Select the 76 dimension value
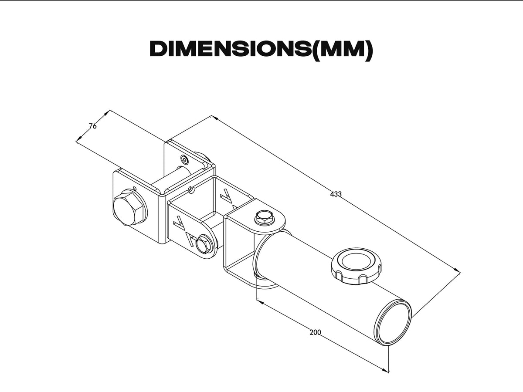92,126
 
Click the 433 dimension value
336,194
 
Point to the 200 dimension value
315,332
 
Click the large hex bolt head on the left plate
128,208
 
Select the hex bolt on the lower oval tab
203,244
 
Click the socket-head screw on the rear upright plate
186,160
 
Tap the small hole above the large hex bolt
135,188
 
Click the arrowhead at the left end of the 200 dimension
260,301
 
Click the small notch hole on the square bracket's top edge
190,189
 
